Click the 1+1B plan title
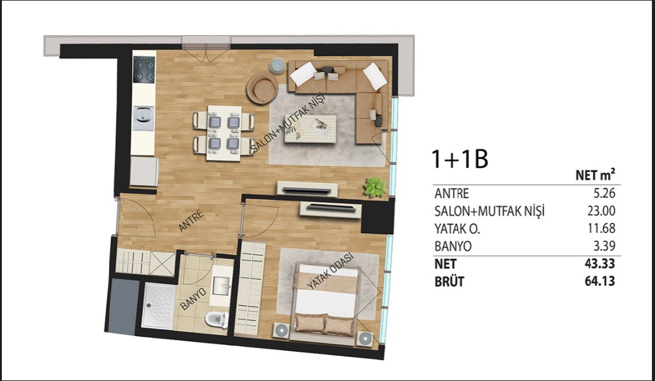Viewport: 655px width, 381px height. pos(459,159)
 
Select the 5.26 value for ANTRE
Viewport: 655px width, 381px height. pos(601,193)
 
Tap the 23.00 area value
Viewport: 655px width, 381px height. pos(601,211)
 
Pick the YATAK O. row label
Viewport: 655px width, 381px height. pos(457,229)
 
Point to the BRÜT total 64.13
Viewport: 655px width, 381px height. pos(600,281)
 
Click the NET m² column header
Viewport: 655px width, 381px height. pos(595,174)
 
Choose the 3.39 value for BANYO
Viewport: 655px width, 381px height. pos(604,246)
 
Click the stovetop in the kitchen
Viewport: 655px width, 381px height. pos(144,69)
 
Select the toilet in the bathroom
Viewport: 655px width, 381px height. pos(217,319)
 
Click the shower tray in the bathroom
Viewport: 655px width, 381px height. pos(159,306)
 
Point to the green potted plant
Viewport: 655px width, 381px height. pos(375,187)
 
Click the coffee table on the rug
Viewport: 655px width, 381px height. pos(310,129)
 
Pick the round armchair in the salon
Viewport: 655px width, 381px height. pos(262,88)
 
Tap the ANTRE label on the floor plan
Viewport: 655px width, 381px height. pos(191,221)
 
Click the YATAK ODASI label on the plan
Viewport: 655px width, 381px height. pos(330,271)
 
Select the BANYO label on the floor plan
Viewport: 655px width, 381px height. pos(193,299)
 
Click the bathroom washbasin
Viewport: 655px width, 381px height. pos(221,286)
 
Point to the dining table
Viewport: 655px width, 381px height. pos(224,133)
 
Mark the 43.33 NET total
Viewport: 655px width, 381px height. pos(600,264)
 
